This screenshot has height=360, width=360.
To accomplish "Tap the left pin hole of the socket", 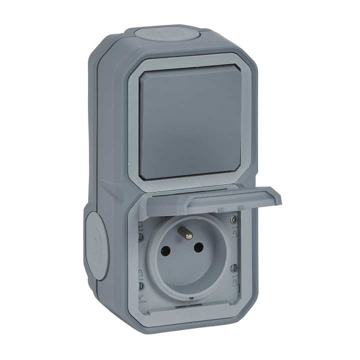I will click(165, 251).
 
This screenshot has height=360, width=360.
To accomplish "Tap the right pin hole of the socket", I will click(198, 247).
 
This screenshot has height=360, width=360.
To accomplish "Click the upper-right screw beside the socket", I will click(233, 219).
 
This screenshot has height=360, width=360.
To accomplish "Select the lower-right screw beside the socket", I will click(233, 268).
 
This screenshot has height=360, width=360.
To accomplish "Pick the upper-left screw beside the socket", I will click(141, 236).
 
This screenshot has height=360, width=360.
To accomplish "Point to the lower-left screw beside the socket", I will click(141, 286).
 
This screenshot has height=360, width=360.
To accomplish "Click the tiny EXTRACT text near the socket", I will click(143, 302).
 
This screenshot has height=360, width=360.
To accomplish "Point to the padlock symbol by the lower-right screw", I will click(234, 283).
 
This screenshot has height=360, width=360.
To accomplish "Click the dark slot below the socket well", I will click(187, 306).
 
